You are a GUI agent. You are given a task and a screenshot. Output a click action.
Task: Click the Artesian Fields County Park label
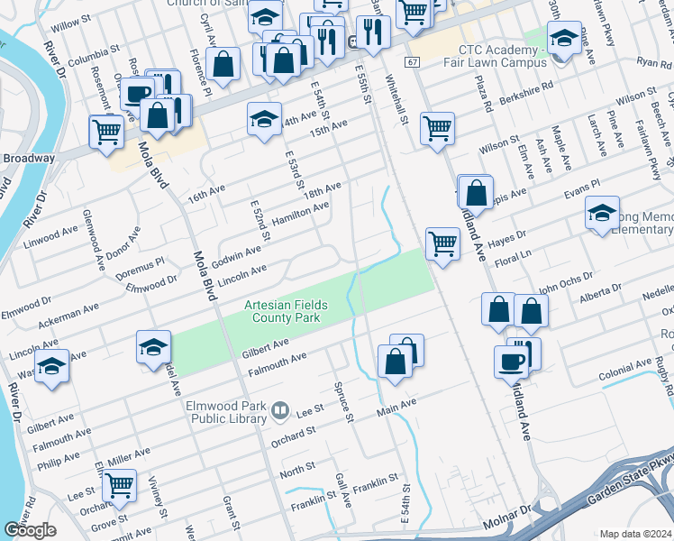pos(286,312)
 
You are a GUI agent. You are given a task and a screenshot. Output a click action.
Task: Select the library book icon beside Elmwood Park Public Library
pos(281,413)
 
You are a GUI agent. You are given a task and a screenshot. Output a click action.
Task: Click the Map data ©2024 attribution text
pos(635,534)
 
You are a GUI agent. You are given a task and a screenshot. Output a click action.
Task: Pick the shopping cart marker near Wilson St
pos(437,127)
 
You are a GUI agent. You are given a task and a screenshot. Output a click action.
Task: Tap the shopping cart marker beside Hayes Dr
pos(442,243)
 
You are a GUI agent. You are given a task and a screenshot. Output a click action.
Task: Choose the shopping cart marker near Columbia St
pos(106,131)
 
